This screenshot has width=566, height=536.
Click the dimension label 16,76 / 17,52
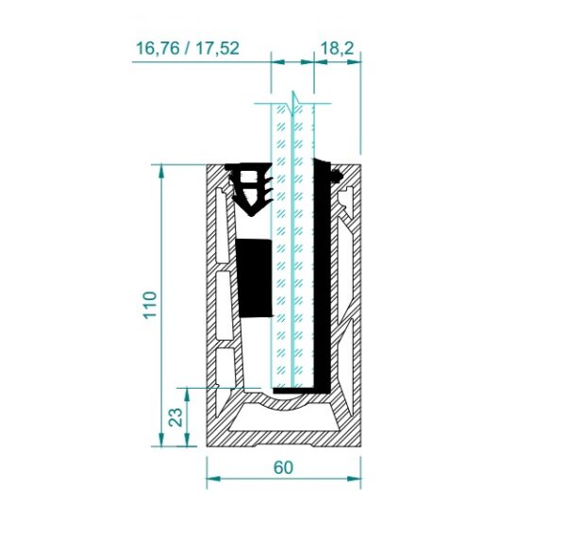click(188, 48)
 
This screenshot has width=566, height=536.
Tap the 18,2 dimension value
click(337, 48)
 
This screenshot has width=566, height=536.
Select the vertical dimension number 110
click(150, 305)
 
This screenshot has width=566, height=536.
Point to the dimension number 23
click(176, 417)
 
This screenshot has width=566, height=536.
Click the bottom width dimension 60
click(283, 467)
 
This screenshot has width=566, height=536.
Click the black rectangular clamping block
click(254, 278)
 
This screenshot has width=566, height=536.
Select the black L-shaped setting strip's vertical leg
click(322, 275)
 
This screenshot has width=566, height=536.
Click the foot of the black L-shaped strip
click(302, 391)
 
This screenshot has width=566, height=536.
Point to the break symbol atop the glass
click(293, 104)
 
